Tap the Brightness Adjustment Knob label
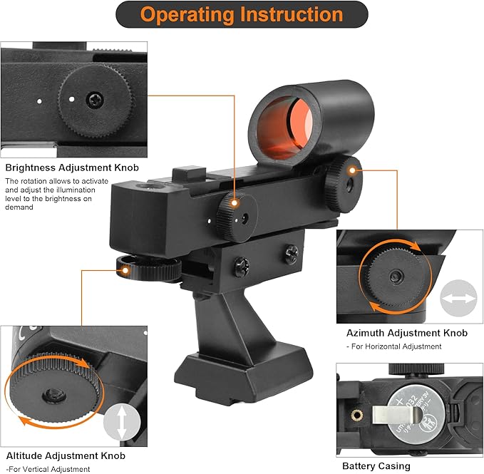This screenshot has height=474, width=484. (72, 168)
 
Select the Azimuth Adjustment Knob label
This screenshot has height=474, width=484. (406, 333)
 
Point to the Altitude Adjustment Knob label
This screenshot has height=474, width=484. (65, 455)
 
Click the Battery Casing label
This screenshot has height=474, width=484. (376, 466)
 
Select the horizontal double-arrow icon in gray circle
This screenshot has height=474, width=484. (458, 298)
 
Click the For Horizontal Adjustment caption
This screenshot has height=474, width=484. (393, 346)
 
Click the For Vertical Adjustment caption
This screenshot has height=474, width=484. (48, 469)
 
